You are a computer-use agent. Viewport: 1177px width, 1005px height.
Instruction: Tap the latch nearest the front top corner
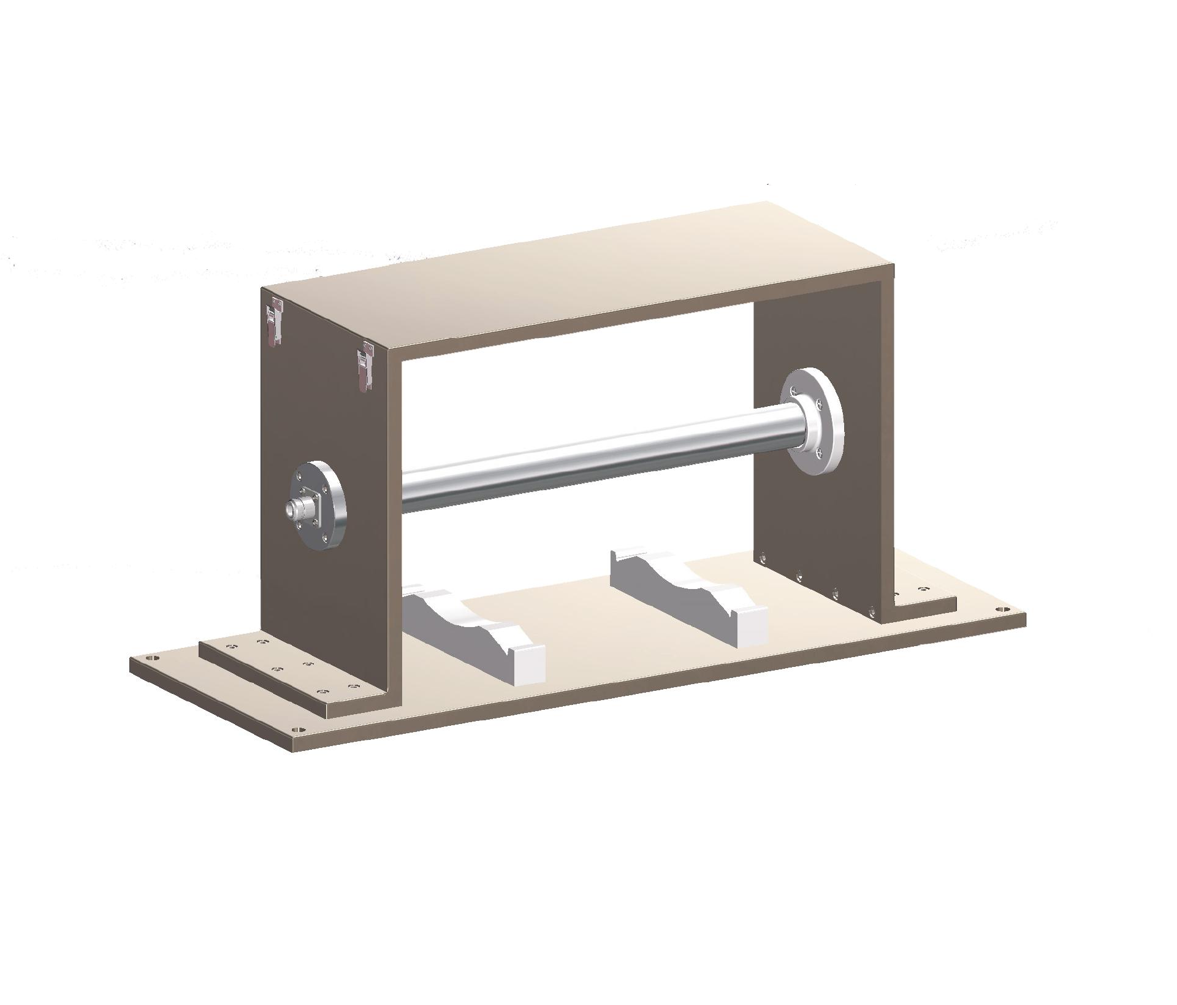(367, 366)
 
